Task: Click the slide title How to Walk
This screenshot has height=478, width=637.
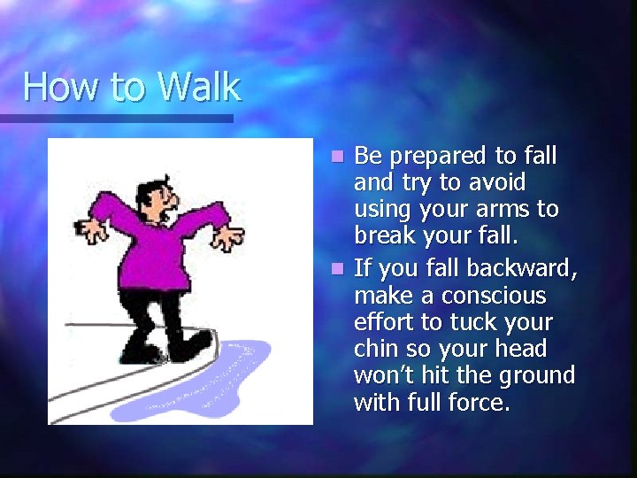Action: [x=132, y=87]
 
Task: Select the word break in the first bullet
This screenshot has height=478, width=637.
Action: [x=383, y=236]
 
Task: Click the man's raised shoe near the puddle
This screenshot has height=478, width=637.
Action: [x=190, y=343]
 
